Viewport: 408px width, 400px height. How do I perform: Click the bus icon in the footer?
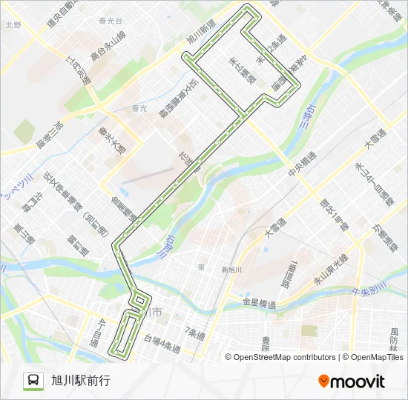(x=34, y=381)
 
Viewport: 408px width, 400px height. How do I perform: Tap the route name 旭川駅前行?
(x=81, y=381)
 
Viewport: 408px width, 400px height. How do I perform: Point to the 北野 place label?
(x=13, y=25)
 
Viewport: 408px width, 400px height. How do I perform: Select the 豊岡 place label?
(x=265, y=342)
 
